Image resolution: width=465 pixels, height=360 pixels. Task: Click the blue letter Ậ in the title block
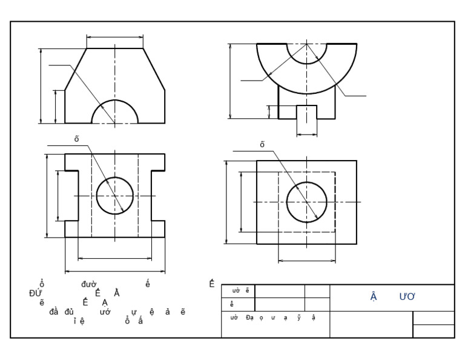374,297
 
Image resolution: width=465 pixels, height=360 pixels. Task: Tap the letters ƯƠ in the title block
406,297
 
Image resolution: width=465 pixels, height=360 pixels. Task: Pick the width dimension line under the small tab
306,133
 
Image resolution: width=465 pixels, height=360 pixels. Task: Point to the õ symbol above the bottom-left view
77,139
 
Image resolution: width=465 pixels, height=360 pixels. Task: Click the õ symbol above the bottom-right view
262,144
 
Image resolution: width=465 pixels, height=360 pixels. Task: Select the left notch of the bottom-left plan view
71,196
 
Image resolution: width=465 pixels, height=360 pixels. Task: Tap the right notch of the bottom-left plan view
158,196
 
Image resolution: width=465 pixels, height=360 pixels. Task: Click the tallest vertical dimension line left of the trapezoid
41,85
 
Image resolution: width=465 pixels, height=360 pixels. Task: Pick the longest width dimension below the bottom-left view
115,270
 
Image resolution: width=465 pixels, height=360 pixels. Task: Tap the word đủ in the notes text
65,312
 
